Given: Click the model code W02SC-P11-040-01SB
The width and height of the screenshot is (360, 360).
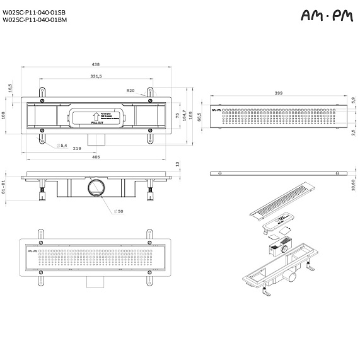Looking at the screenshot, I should coord(34,11).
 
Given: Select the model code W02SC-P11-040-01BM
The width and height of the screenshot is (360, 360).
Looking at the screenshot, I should coord(34,20).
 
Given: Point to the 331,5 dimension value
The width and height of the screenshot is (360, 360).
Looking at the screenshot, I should coord(96,76).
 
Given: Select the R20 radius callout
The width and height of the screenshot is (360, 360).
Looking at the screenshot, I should coord(131,91).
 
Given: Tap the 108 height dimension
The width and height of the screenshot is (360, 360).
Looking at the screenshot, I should coord(3,115).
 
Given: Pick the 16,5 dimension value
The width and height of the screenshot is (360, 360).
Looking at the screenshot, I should coord(10,88).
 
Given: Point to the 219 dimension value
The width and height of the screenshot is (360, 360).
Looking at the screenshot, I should coord(76,148).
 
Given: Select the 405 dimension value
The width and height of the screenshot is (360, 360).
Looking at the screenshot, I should coord(96,157).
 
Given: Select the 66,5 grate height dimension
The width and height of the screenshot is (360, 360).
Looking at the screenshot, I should coord(199,117).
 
